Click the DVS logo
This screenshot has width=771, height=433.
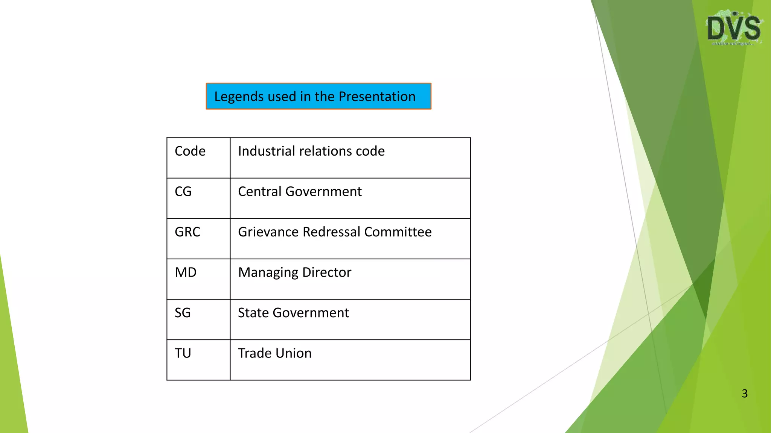coord(734,28)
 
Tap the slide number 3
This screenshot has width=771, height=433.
coord(744,394)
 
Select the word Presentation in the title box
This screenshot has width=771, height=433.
coord(377,97)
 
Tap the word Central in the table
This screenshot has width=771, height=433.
coord(260,192)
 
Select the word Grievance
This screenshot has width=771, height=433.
coord(268,232)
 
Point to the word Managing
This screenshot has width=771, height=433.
coord(268,273)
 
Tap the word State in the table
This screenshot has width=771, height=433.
coord(253,313)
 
